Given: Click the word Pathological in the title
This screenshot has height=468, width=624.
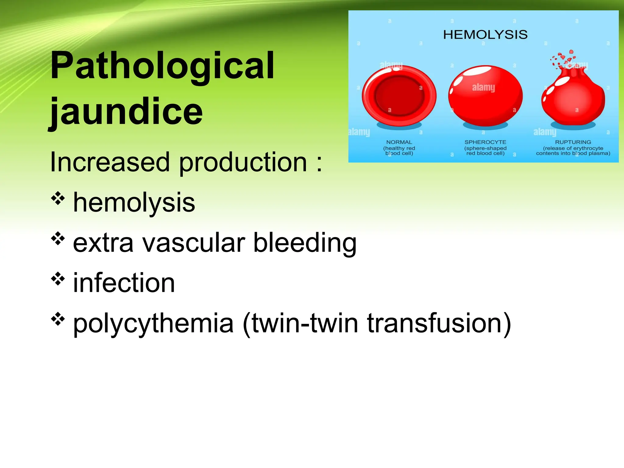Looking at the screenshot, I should click(x=162, y=66).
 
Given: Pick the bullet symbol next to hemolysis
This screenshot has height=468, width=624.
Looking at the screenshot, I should click(x=58, y=199).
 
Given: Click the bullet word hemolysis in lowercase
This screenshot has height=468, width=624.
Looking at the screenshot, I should click(x=134, y=203).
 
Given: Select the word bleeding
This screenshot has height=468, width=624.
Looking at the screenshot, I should click(x=305, y=243).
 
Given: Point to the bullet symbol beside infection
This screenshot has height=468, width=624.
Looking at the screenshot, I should click(x=58, y=279).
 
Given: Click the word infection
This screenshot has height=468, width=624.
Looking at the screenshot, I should click(x=124, y=283).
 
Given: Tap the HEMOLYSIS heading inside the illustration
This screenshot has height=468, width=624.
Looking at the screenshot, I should click(x=485, y=35).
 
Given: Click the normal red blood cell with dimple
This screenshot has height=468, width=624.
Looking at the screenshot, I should click(x=399, y=96).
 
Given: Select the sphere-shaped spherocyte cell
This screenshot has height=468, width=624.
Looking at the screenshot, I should click(x=485, y=96).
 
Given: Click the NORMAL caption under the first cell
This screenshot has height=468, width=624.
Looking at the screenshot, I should click(x=399, y=142).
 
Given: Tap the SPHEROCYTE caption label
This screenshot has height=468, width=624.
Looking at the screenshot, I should click(x=485, y=142).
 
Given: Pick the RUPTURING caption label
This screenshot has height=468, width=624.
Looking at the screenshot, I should click(x=573, y=142).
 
